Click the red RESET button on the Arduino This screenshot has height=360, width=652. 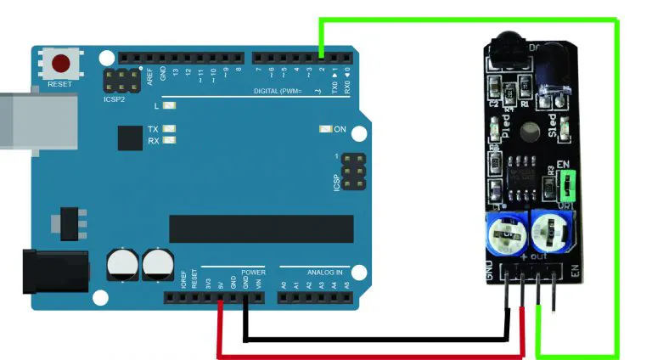(x=62, y=65)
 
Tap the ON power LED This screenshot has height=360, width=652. (x=324, y=129)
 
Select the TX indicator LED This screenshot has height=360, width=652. (x=169, y=129)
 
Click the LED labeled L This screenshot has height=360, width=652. (x=169, y=106)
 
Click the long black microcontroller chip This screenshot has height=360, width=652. (x=261, y=228)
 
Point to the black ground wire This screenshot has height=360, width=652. (x=374, y=340)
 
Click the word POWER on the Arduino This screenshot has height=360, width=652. (x=253, y=273)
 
